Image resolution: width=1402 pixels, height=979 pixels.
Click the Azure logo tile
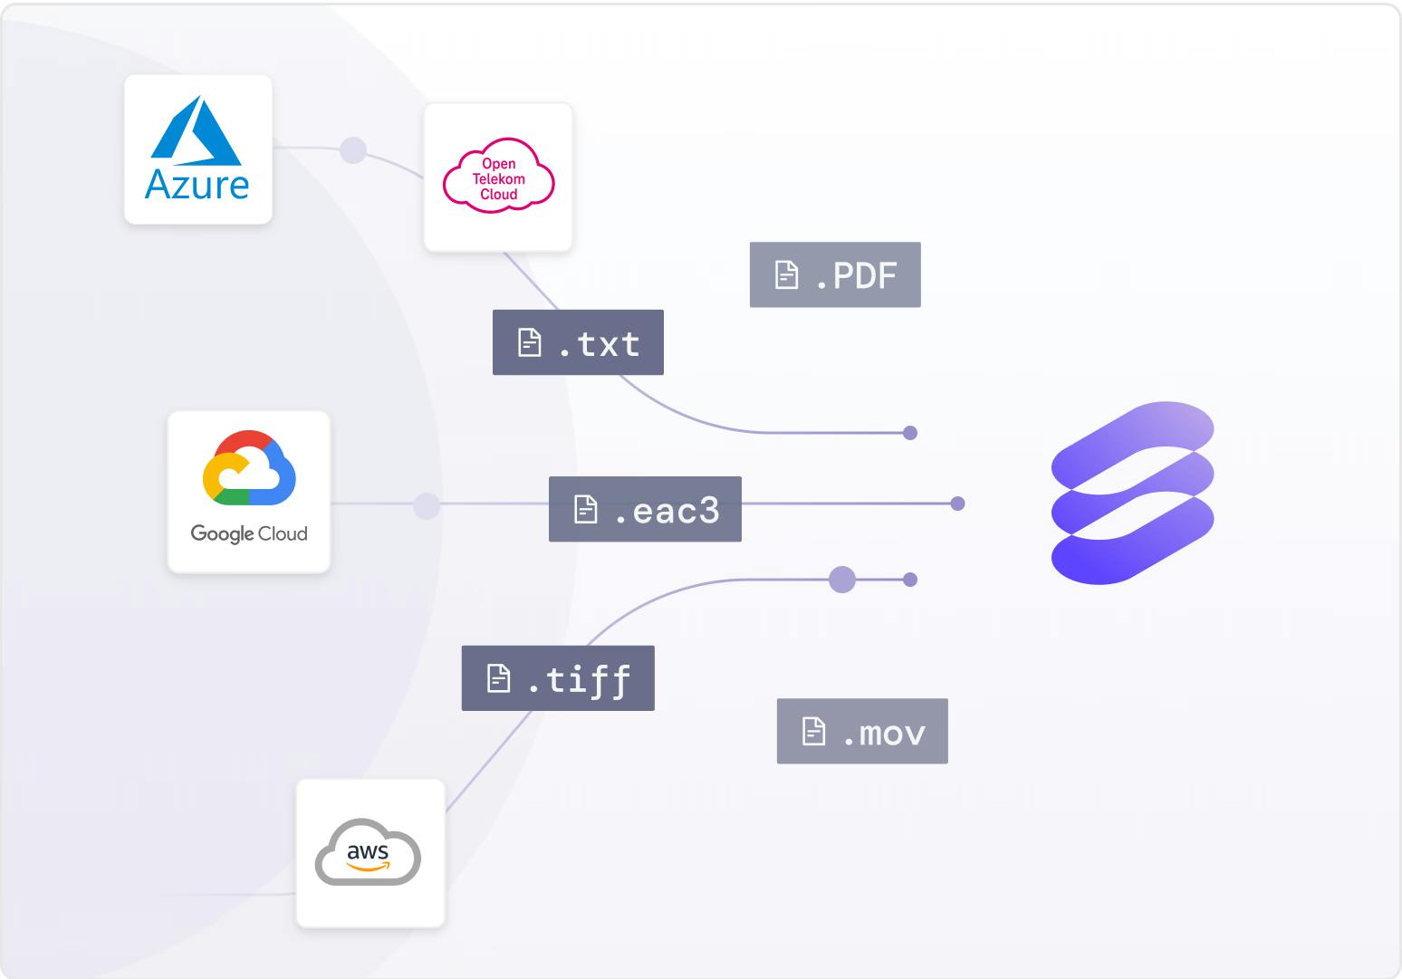coord(197,149)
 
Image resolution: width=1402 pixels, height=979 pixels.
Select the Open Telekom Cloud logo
coord(498,177)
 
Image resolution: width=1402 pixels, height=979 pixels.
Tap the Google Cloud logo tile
coord(249,491)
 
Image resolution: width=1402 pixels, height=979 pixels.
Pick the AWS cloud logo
coord(369,852)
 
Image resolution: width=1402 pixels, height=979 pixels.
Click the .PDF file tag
coord(835,274)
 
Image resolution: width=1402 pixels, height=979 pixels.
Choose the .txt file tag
coord(578,342)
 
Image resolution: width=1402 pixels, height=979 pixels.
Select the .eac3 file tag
coord(645,509)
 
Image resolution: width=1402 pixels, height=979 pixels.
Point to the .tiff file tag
coord(558,678)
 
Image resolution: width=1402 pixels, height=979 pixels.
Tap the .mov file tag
coord(862,731)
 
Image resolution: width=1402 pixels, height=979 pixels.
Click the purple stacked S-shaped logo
coord(1132,493)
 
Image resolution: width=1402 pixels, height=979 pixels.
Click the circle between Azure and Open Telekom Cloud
coord(352,150)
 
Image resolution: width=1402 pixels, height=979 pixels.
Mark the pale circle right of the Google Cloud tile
coord(426,505)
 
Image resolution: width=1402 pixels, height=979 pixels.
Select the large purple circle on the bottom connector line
coord(842,580)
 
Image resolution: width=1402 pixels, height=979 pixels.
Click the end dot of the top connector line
coord(910,433)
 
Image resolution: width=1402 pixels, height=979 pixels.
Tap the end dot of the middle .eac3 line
coord(957,504)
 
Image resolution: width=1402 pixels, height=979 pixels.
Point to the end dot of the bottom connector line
coord(910,580)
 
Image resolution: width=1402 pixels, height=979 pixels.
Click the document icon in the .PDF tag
coord(787,274)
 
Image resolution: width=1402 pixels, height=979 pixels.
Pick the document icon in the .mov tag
coord(814,731)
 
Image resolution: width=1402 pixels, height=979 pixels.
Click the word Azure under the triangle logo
coord(197,185)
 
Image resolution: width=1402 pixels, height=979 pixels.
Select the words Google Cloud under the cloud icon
coord(249,533)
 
